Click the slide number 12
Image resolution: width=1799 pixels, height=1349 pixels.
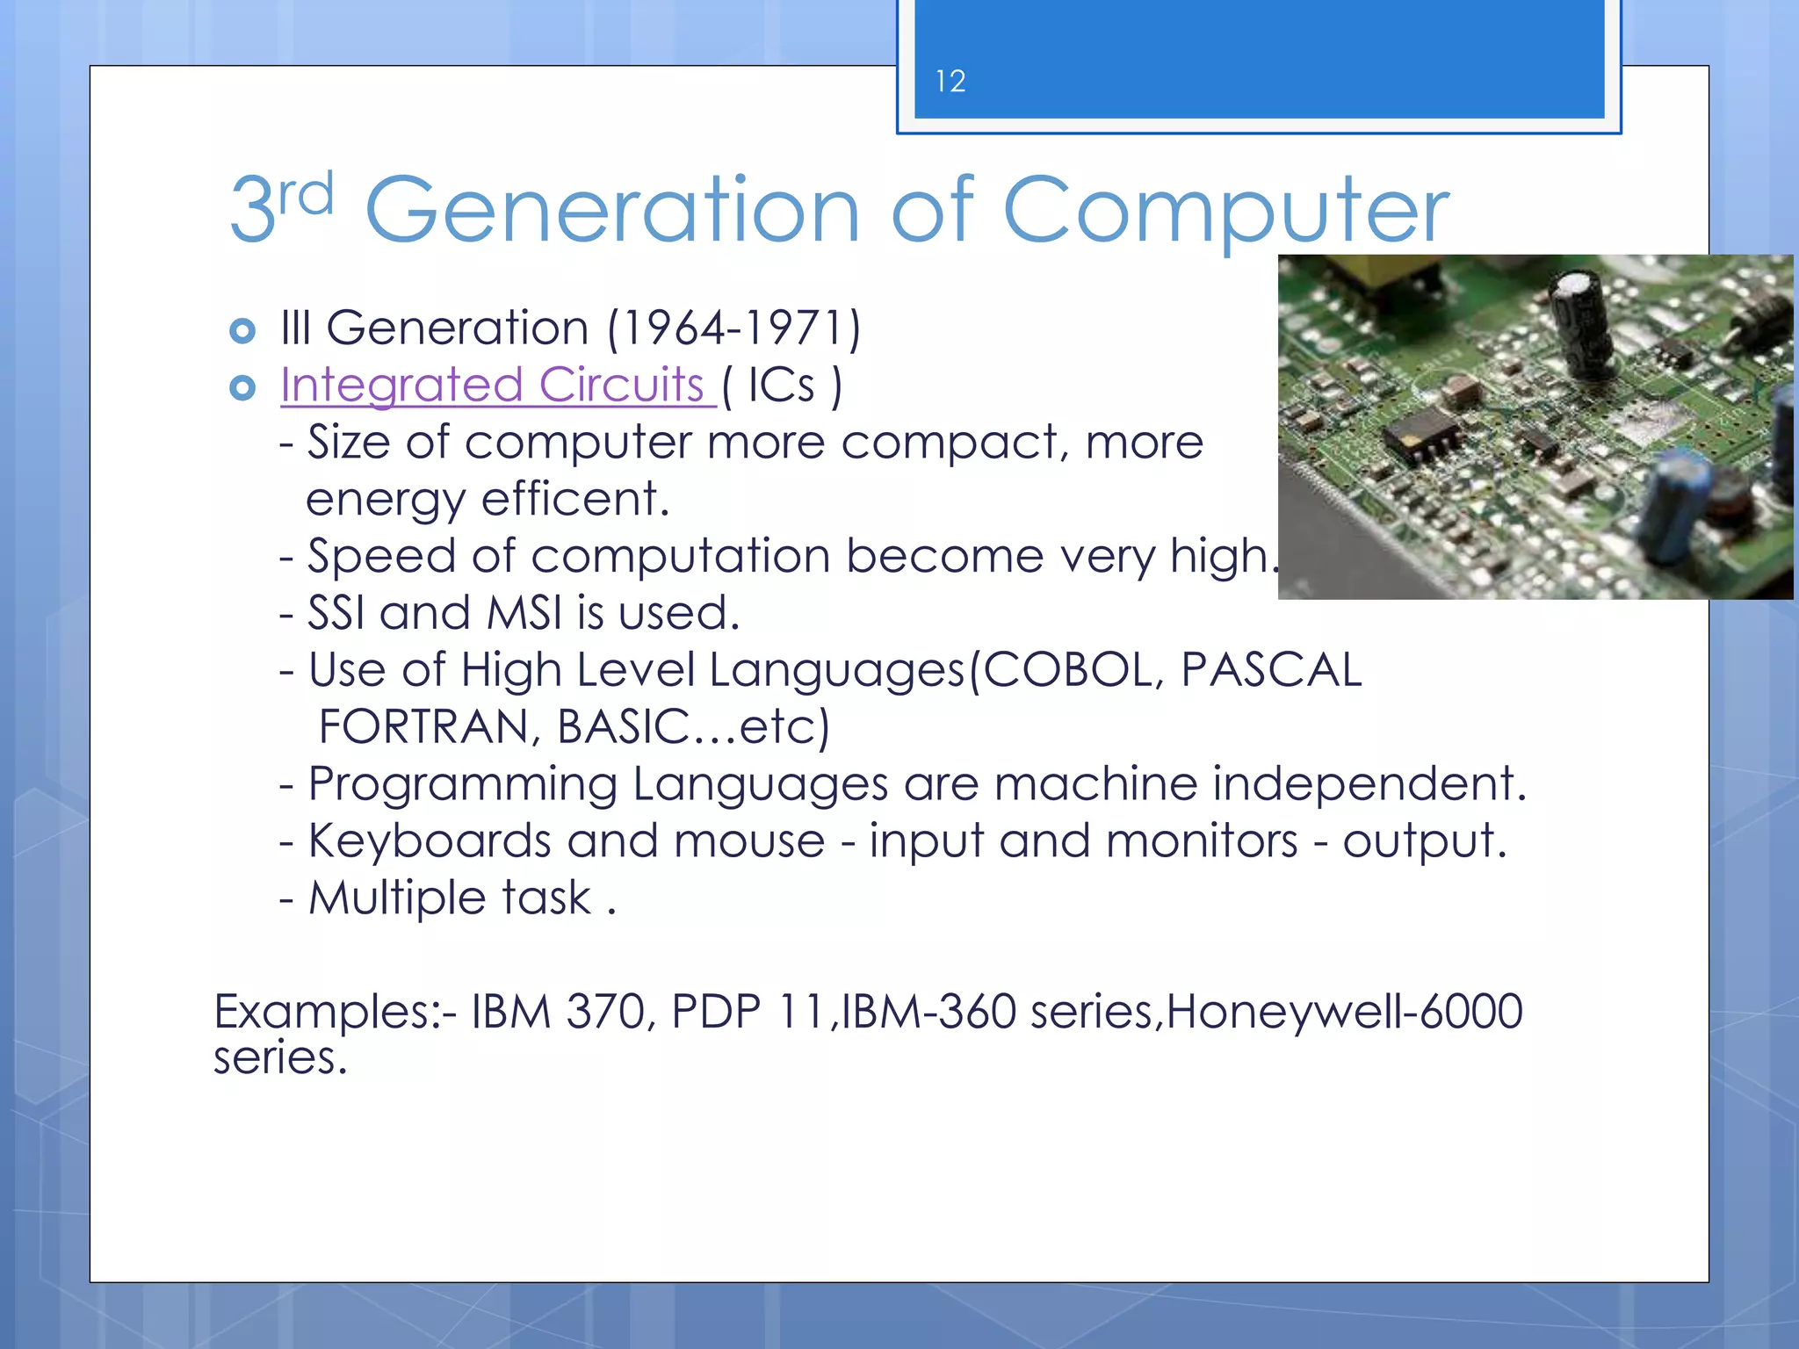coord(950,82)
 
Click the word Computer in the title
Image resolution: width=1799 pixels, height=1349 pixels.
coord(1225,211)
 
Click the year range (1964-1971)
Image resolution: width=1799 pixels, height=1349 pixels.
coord(734,328)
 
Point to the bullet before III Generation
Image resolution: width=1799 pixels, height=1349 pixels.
coord(242,331)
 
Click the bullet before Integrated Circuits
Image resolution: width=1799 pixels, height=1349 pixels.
coord(242,387)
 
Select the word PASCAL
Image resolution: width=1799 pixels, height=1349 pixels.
coord(1270,670)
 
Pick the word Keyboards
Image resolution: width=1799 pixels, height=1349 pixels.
coord(430,841)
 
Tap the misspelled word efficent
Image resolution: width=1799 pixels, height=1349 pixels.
coord(574,499)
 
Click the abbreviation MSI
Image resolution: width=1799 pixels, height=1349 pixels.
coord(524,613)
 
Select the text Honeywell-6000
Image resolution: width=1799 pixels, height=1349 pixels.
coord(1344,1011)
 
